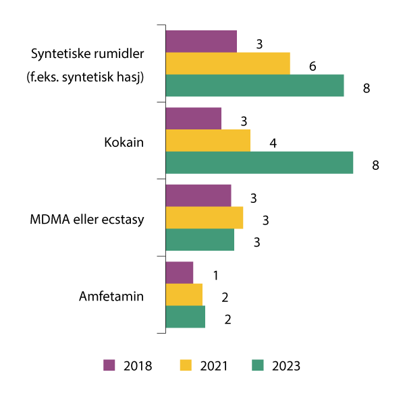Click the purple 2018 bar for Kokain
(x=193, y=119)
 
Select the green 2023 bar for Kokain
(x=259, y=162)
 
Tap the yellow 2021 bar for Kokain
(x=208, y=141)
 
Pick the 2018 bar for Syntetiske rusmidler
(x=201, y=41)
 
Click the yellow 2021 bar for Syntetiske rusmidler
(x=227, y=63)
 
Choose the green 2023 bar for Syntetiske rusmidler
(x=254, y=86)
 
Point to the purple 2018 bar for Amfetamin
(x=179, y=273)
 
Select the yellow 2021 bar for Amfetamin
(x=184, y=295)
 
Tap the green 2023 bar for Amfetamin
(x=185, y=317)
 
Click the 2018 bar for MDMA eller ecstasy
(x=198, y=195)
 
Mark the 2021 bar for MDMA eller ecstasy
(x=204, y=218)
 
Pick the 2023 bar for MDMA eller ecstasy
(x=200, y=240)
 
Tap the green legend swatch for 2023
(x=259, y=365)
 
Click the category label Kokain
(x=124, y=143)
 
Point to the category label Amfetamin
(x=111, y=296)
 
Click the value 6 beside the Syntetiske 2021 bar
(x=313, y=67)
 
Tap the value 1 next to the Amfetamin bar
(x=216, y=276)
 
